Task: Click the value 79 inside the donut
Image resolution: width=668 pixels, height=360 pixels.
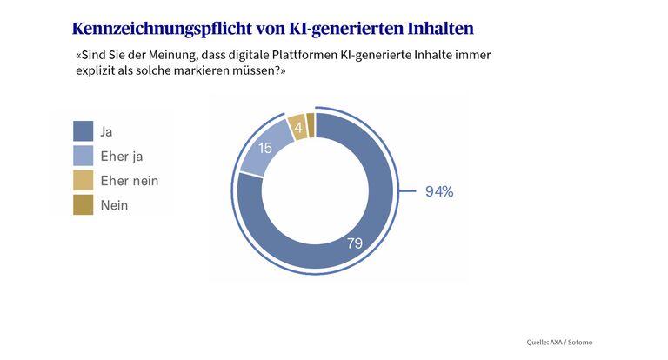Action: tap(354, 243)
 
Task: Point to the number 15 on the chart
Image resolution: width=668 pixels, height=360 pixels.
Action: tap(266, 148)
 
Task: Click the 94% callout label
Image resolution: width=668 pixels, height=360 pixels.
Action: tap(438, 191)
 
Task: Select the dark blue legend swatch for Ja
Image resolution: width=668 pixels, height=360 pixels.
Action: tap(83, 131)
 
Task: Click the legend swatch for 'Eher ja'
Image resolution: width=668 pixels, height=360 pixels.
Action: tap(83, 156)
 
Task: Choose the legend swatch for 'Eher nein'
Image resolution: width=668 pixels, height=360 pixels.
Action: tap(83, 181)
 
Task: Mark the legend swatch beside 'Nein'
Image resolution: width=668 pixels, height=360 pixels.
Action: tap(83, 205)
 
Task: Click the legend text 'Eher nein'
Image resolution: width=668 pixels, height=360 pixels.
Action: tap(130, 181)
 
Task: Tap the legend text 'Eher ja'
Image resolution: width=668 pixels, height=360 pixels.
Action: tap(122, 156)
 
